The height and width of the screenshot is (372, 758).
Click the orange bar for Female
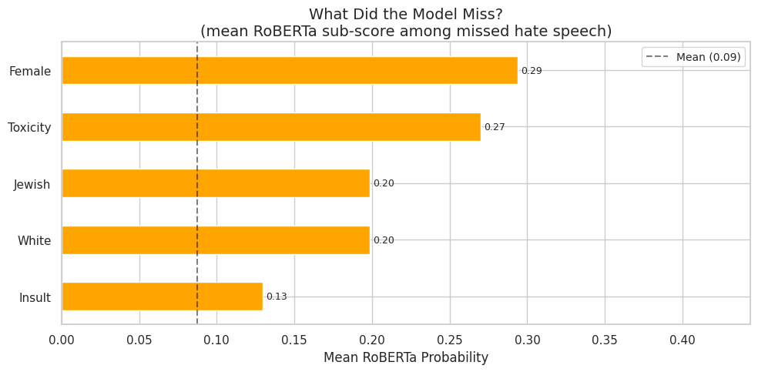(289, 71)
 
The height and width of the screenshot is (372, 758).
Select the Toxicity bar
(270, 127)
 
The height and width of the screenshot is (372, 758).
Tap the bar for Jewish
(216, 183)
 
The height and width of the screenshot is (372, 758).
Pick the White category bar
(216, 240)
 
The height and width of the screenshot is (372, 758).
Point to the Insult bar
(162, 297)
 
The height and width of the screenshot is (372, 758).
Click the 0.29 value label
(532, 71)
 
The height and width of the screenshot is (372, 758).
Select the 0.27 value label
(495, 127)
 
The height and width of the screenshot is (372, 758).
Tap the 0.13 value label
(277, 297)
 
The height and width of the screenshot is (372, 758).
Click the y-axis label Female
(30, 72)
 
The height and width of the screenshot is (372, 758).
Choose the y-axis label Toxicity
(29, 128)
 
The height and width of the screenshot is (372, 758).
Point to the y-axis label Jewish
(32, 185)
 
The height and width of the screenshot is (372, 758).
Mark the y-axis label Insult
(35, 298)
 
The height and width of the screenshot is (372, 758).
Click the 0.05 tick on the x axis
(139, 340)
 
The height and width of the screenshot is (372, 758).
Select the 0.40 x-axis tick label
(683, 340)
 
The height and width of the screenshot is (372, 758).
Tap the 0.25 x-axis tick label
(450, 340)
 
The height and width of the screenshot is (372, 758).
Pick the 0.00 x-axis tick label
(62, 340)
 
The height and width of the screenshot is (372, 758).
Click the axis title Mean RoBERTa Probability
(406, 358)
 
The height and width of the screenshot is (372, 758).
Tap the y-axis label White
(35, 241)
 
